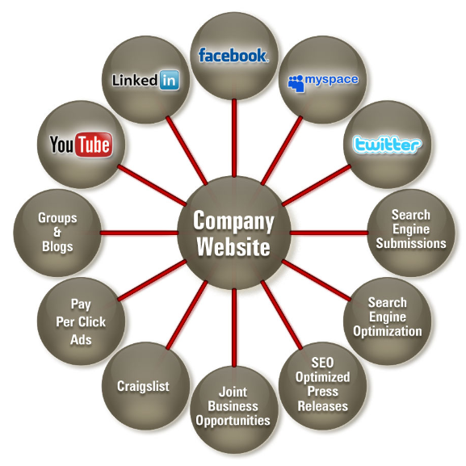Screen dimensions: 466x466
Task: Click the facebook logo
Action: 233,55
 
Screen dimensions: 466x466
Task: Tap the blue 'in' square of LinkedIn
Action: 169,80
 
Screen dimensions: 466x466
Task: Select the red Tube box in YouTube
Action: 94,145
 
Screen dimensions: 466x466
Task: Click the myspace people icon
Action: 296,83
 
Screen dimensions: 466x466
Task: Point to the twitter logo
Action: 387,145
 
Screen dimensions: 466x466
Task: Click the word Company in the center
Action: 233,221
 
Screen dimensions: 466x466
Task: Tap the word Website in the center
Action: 233,246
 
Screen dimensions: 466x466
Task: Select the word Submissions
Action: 411,243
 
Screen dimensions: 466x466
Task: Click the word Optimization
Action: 387,331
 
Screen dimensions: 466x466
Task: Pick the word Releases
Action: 323,406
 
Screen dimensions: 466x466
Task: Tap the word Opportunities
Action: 233,421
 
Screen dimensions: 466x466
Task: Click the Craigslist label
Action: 143,386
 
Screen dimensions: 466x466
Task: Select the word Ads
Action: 81,340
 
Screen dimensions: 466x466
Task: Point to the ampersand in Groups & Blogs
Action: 57,232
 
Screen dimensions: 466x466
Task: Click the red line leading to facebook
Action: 234,137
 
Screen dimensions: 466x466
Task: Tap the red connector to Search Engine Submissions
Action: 330,233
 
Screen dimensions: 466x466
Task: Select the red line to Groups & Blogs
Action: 139,233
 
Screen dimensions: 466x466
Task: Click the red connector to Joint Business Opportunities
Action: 234,328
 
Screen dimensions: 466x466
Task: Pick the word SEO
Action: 322,363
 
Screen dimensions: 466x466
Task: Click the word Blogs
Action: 57,246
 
